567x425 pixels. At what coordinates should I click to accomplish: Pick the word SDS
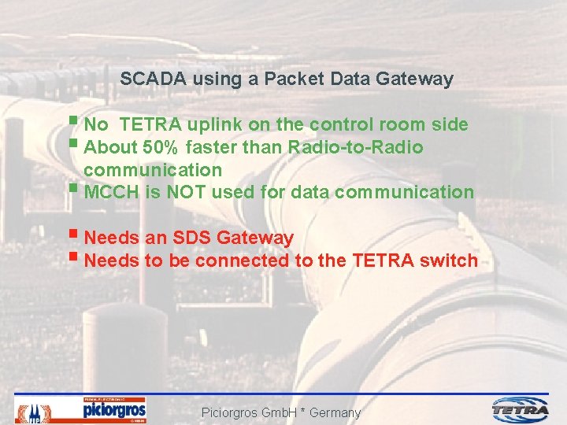(x=193, y=238)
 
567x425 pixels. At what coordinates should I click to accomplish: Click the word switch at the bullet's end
(x=450, y=261)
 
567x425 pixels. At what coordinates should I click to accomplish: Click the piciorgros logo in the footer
(x=114, y=409)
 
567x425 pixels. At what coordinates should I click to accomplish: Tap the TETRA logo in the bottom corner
(x=521, y=409)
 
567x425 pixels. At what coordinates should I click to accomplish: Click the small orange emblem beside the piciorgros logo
(x=35, y=410)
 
